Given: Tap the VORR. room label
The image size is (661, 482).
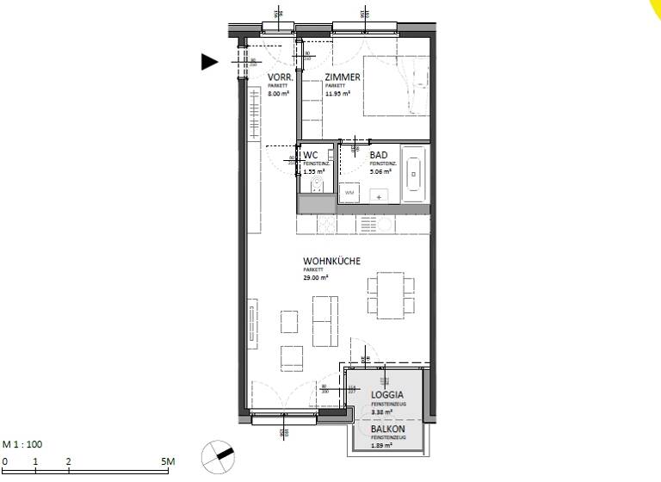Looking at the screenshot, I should coord(281,77).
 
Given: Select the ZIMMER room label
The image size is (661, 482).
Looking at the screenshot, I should coord(343,77).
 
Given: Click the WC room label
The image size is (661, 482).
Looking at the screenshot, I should coord(311,155).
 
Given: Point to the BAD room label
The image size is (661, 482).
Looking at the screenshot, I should coord(379,155).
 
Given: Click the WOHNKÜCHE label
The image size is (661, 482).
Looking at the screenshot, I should coord(331,261).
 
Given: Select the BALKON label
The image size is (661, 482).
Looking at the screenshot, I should coord(388,429).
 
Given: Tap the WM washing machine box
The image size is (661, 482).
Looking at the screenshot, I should coord(349,194).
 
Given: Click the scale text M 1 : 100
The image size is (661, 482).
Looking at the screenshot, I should coord(22,445).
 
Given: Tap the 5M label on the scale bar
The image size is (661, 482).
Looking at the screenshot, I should coord(169,462).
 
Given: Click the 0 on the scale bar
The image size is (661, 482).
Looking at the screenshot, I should coord(4,462).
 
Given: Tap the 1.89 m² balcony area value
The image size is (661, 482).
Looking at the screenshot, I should coord(382,445).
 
